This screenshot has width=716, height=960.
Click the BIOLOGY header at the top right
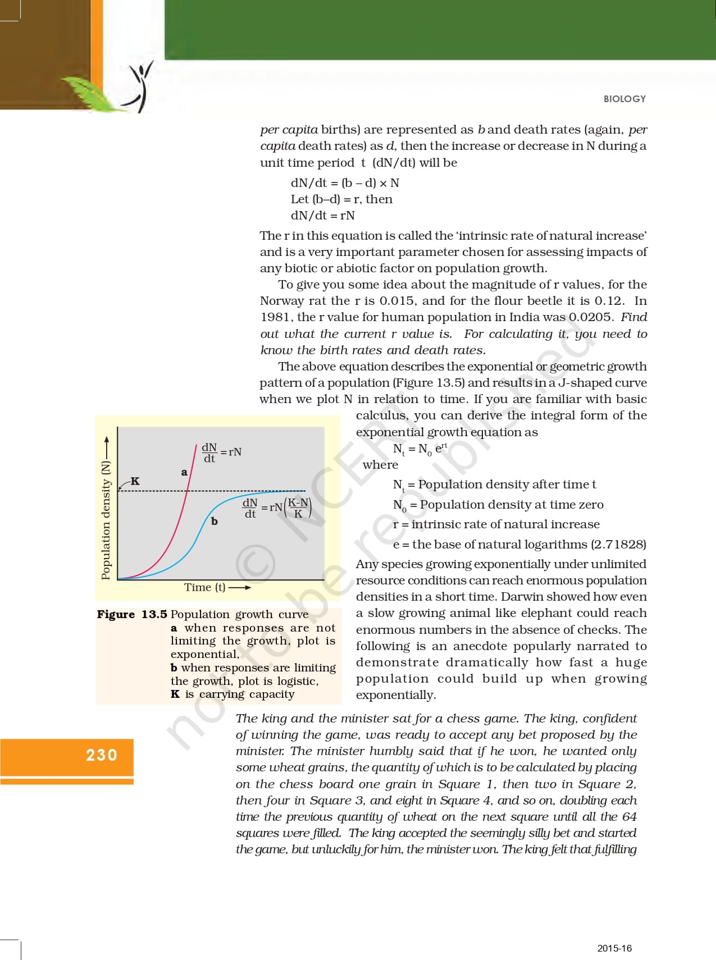[624, 99]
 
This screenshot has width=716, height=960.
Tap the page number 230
[102, 755]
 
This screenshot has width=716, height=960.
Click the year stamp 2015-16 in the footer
[614, 948]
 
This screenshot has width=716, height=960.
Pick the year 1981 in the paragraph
[275, 317]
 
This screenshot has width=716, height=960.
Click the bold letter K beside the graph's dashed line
[135, 481]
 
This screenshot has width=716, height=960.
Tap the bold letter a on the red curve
[184, 473]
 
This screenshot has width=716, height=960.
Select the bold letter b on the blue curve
[214, 522]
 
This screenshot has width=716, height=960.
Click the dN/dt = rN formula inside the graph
[222, 452]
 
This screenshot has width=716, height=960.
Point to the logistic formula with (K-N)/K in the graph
[276, 508]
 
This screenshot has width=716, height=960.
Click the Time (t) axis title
[205, 587]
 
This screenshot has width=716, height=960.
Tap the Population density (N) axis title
[106, 519]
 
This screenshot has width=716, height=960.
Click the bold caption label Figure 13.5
[132, 614]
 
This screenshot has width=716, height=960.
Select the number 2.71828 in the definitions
[618, 545]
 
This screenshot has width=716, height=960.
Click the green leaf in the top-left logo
[90, 92]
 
